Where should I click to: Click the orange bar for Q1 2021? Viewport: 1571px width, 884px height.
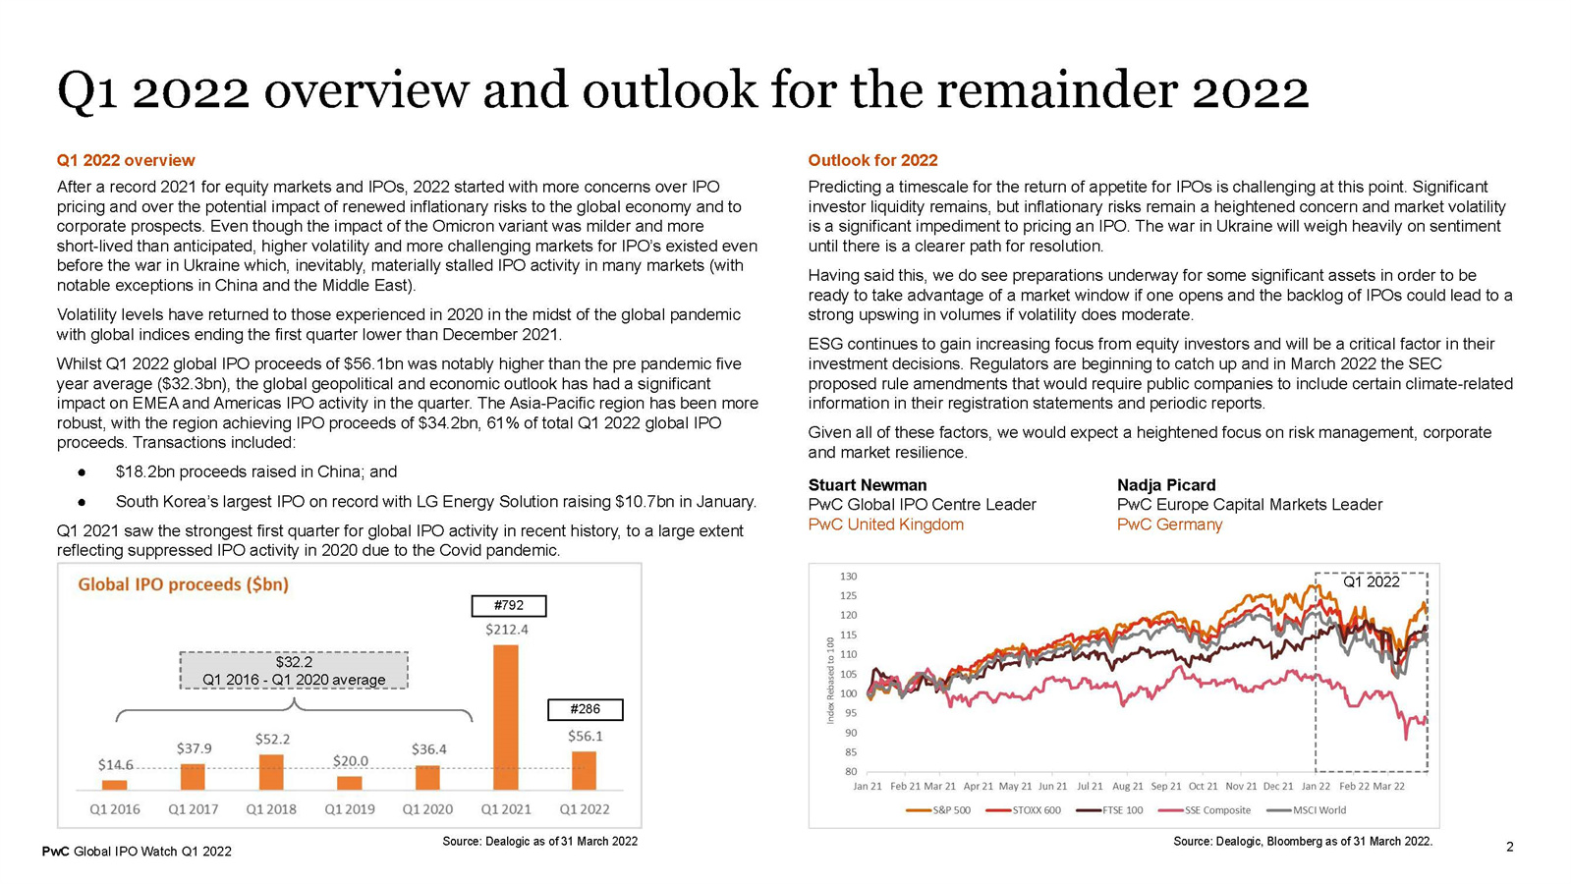tap(506, 717)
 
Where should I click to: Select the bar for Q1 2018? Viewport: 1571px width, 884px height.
tap(271, 772)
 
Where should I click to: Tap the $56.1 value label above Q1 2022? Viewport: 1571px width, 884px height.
tap(586, 736)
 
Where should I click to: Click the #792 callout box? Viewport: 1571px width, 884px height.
tap(508, 606)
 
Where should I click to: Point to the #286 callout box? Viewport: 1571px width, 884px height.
tap(586, 709)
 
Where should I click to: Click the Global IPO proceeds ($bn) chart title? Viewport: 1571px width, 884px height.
tap(184, 584)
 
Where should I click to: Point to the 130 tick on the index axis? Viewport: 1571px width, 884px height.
tap(848, 577)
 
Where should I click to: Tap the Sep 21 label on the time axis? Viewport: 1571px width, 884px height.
tap(1166, 787)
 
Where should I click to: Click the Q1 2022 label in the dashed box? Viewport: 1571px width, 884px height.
tap(1372, 581)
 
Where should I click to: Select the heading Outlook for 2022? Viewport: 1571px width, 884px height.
tap(872, 160)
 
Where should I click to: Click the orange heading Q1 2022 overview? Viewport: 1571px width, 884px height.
tap(126, 160)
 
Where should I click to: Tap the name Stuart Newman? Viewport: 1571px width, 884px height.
tap(868, 485)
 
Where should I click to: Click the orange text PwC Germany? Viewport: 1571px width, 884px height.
tap(1169, 525)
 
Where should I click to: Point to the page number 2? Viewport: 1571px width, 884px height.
tap(1510, 847)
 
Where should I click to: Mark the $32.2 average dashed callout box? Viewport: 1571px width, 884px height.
tap(294, 671)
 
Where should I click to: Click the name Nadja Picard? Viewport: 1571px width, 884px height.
tap(1166, 485)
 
